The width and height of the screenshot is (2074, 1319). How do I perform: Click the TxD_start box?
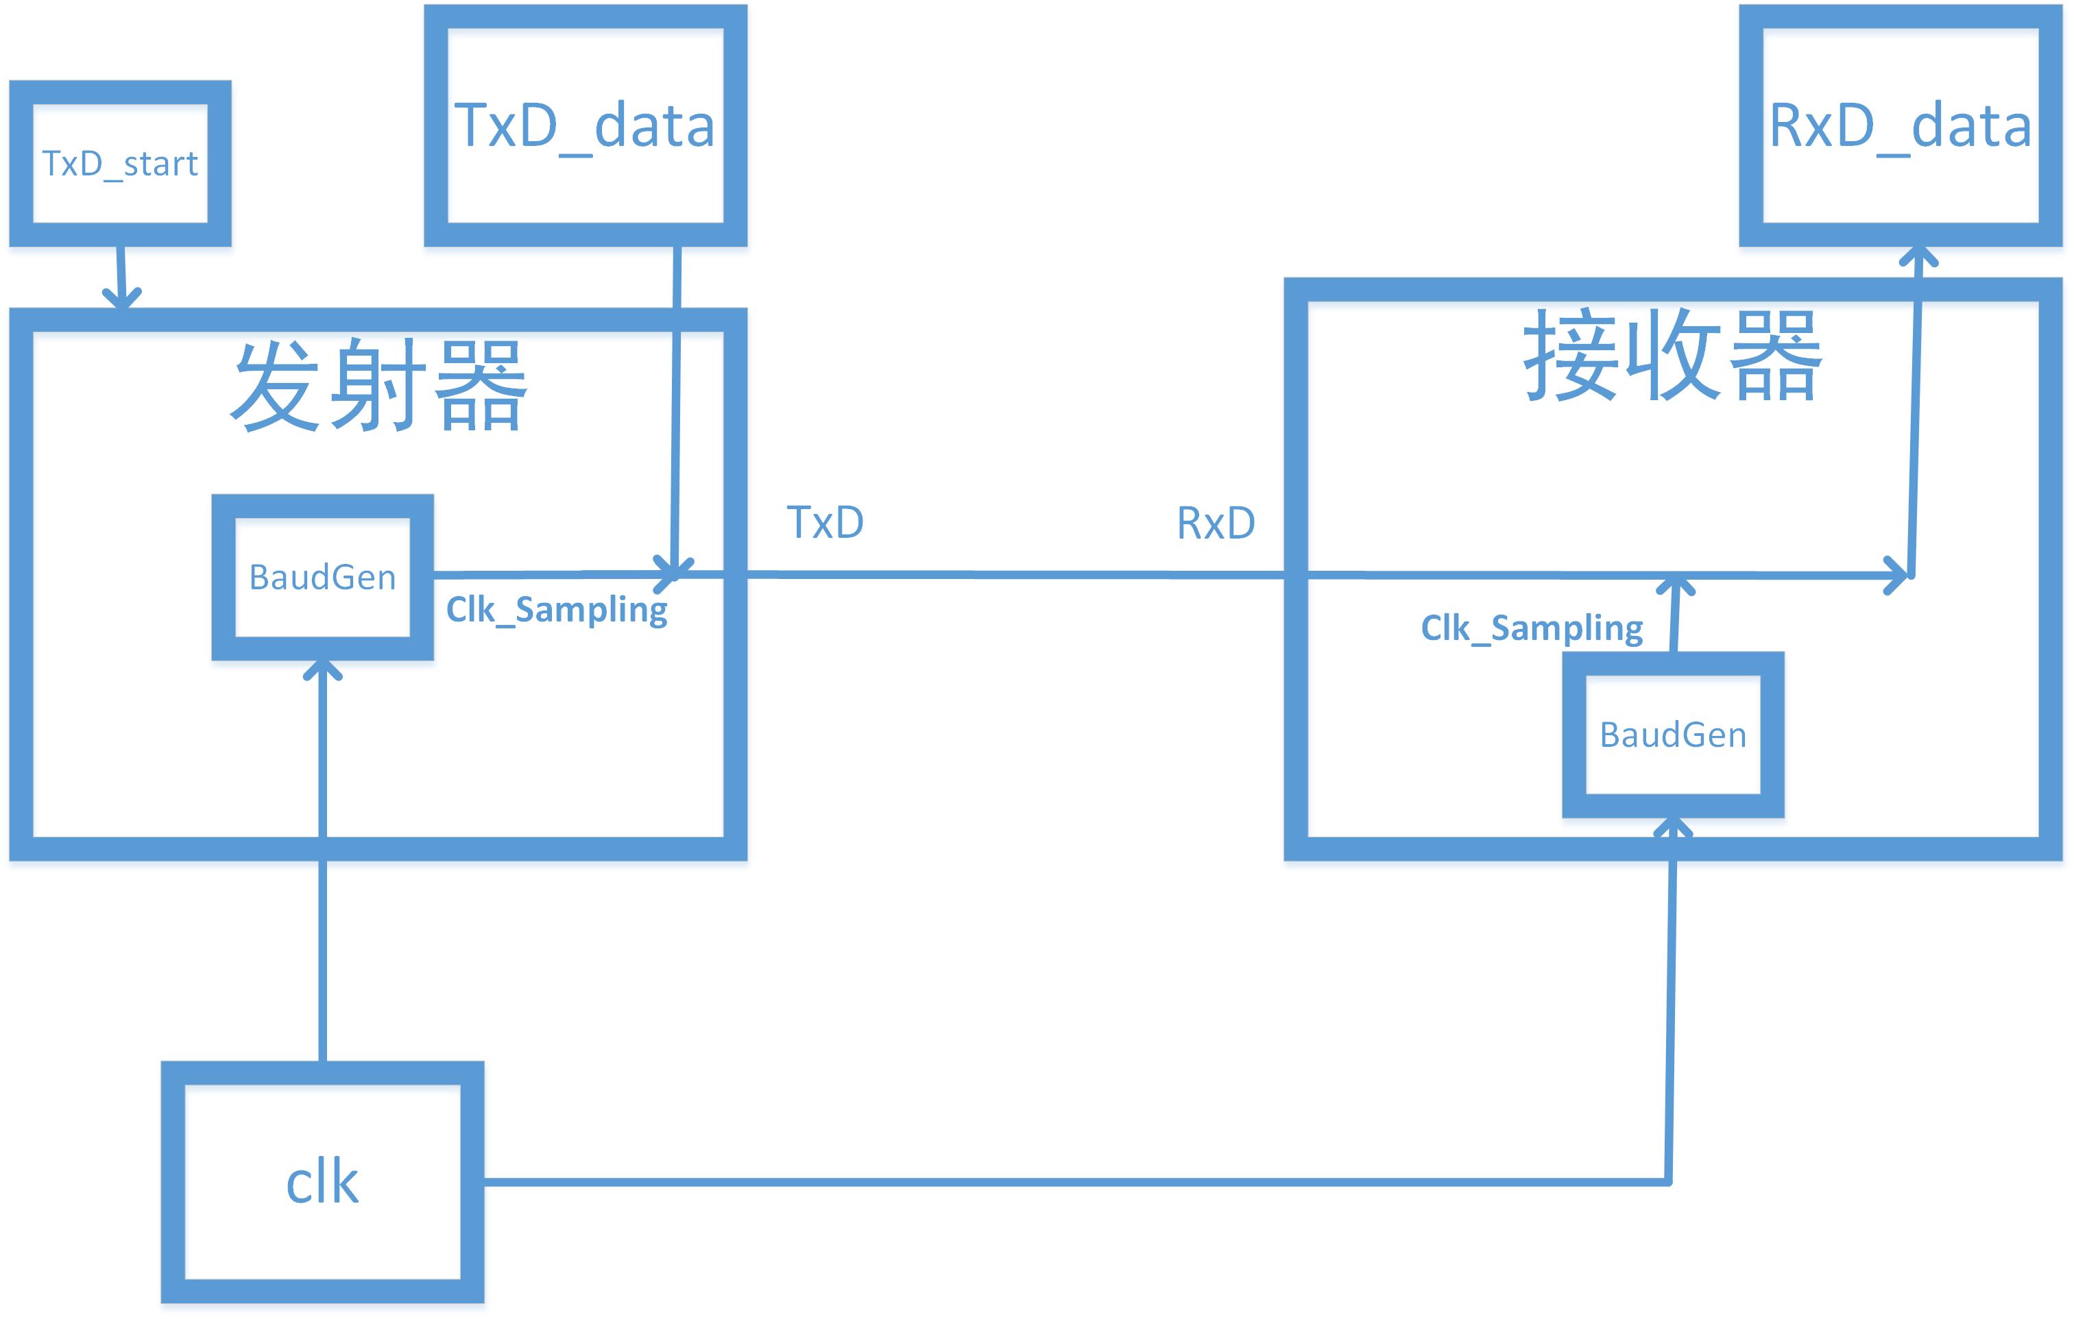point(120,164)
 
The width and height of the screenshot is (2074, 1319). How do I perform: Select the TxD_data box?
point(585,125)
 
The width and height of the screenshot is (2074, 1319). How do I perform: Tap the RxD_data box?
point(1900,125)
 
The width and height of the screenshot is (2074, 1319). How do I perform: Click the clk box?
point(322,1181)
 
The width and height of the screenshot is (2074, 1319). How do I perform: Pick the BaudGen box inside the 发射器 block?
point(322,577)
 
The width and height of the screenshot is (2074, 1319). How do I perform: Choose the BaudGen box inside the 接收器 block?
point(1673,735)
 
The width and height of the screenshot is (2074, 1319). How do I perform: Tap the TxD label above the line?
point(825,521)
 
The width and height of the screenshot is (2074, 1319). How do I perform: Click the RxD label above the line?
point(1216,523)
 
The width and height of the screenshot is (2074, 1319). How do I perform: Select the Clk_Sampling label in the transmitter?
point(557,610)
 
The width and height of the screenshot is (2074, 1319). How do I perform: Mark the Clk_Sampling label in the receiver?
point(1532,628)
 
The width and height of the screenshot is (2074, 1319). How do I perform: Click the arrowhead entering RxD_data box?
point(1919,256)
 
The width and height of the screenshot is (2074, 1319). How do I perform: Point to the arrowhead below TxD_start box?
point(122,298)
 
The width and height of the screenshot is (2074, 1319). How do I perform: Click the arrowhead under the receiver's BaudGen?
point(1673,828)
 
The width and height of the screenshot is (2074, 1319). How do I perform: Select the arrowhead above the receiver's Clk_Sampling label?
point(1676,585)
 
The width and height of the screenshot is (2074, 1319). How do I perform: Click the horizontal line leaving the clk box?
point(1033,1182)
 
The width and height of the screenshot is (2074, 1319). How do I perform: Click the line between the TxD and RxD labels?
point(1016,574)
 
